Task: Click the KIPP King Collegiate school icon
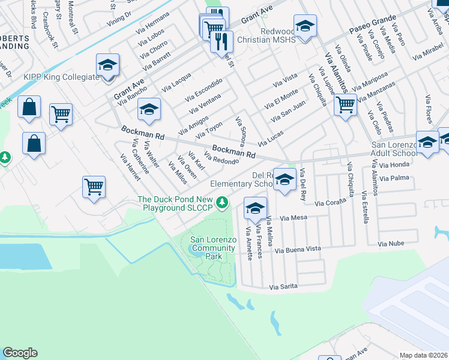108,65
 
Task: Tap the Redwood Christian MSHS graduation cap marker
305,27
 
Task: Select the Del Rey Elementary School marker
285,179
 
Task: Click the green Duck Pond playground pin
223,202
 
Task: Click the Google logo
20,353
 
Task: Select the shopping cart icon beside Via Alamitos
345,105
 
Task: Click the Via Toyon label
209,128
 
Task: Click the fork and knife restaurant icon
221,41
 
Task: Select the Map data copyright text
423,355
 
